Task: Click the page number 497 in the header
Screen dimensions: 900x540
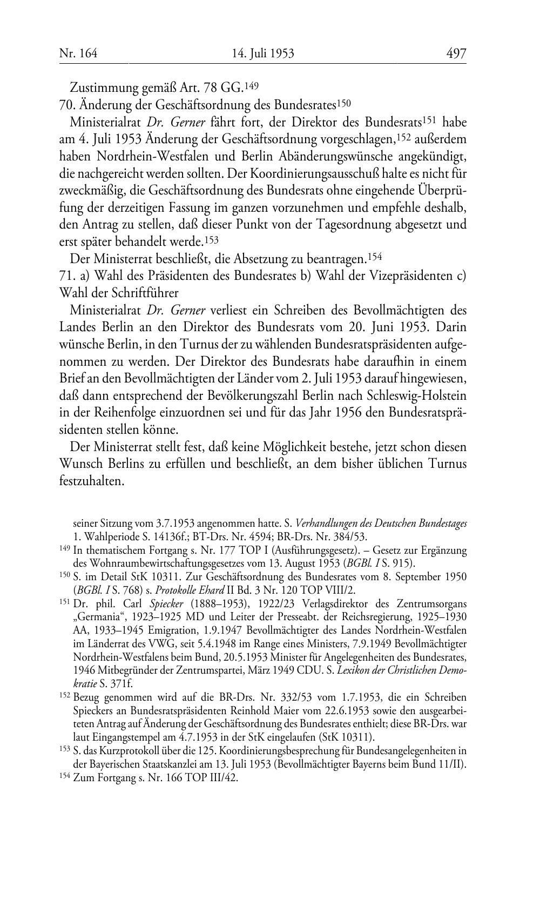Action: coord(456,53)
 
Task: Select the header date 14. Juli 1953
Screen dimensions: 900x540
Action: coord(263,53)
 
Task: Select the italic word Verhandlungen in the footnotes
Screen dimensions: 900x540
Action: coord(329,523)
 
